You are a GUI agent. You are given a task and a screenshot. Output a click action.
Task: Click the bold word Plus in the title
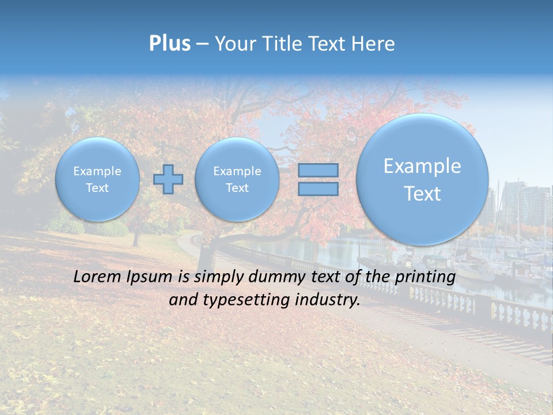pyautogui.click(x=169, y=43)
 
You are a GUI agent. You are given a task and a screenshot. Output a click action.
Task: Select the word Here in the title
pyautogui.click(x=374, y=44)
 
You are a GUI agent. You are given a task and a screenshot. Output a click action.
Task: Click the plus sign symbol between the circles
pyautogui.click(x=168, y=179)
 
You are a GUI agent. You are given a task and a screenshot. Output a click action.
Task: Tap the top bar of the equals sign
pyautogui.click(x=318, y=170)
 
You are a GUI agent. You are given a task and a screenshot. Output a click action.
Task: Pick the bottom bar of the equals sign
pyautogui.click(x=318, y=188)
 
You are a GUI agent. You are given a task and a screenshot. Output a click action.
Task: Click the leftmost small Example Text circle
pyautogui.click(x=97, y=179)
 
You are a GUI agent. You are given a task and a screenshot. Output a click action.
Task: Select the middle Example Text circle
pyautogui.click(x=237, y=179)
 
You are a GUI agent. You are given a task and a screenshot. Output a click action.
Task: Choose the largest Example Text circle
pyautogui.click(x=422, y=179)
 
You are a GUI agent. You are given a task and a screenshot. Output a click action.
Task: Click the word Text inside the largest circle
pyautogui.click(x=422, y=194)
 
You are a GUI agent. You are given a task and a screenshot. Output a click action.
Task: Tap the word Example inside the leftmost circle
pyautogui.click(x=97, y=171)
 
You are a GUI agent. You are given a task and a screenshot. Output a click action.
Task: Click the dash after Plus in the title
pyautogui.click(x=202, y=44)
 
